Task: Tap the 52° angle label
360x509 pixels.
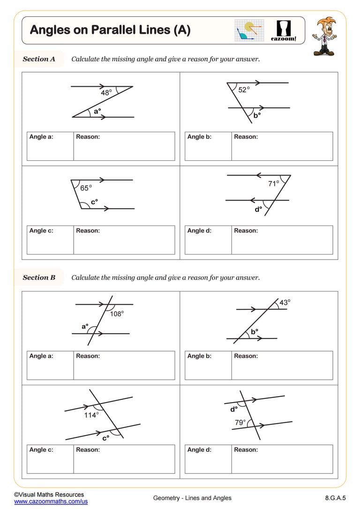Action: (x=244, y=90)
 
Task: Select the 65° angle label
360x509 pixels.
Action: (x=86, y=188)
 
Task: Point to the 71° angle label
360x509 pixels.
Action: (x=274, y=184)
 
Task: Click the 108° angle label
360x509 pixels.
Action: (x=117, y=314)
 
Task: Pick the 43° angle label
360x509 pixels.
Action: (x=285, y=303)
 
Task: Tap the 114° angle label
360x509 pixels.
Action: (x=91, y=415)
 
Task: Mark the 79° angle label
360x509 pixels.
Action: (x=240, y=422)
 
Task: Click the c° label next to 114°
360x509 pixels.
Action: (x=106, y=438)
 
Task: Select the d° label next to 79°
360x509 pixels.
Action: (x=234, y=409)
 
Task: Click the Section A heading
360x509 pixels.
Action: (x=39, y=59)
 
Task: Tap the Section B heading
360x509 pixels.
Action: (x=39, y=277)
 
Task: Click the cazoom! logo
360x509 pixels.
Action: (x=284, y=30)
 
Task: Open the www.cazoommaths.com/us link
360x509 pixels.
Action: (x=51, y=502)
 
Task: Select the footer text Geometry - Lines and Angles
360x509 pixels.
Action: (x=192, y=498)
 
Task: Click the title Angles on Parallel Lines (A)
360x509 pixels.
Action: (x=110, y=30)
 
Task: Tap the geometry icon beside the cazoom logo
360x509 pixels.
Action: (x=249, y=30)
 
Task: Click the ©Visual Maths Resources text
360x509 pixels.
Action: (x=49, y=494)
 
